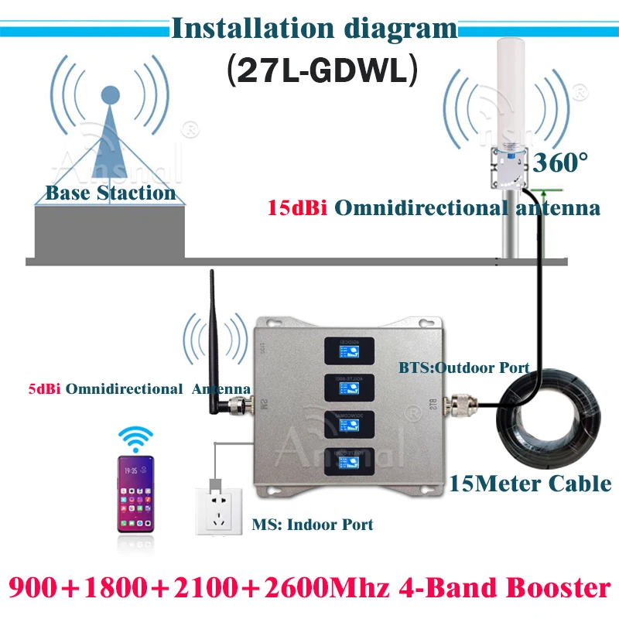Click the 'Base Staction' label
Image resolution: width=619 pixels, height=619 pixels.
[x=111, y=193]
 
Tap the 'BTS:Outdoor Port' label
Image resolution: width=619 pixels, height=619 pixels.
[x=463, y=367]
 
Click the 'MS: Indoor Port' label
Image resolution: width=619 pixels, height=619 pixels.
[x=313, y=524]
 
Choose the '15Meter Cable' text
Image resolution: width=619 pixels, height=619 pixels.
[x=531, y=484]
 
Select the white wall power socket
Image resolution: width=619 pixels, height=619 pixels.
[x=219, y=506]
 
